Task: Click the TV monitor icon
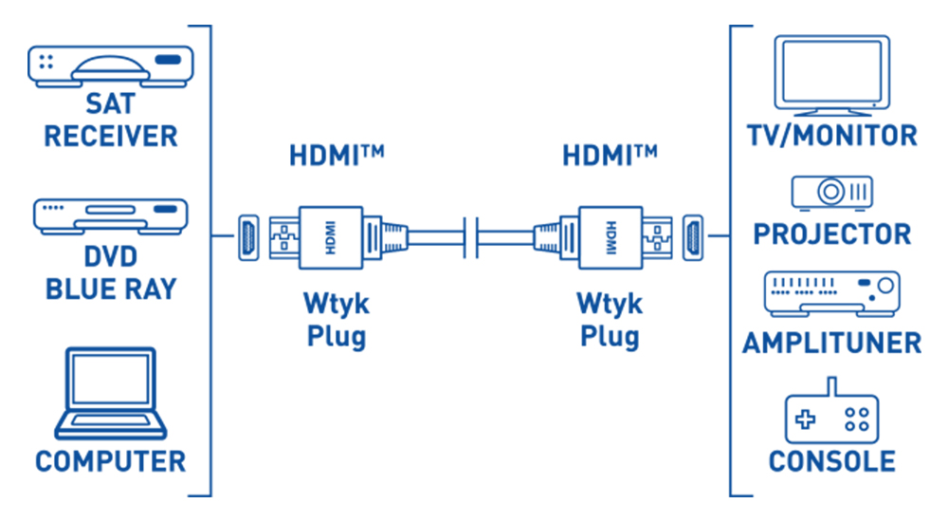click(x=832, y=75)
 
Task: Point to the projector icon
click(x=832, y=193)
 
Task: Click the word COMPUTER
click(x=110, y=462)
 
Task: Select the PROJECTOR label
click(x=831, y=233)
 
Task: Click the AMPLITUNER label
click(x=831, y=342)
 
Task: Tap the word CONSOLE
click(x=831, y=462)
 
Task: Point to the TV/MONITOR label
click(x=831, y=136)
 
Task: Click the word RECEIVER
click(x=110, y=136)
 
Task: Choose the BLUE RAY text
click(x=110, y=289)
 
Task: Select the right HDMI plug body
click(x=610, y=235)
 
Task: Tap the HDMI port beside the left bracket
click(x=247, y=235)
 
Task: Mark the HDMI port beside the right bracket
click(x=692, y=235)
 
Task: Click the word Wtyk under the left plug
click(x=336, y=306)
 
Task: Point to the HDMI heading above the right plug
click(x=609, y=154)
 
